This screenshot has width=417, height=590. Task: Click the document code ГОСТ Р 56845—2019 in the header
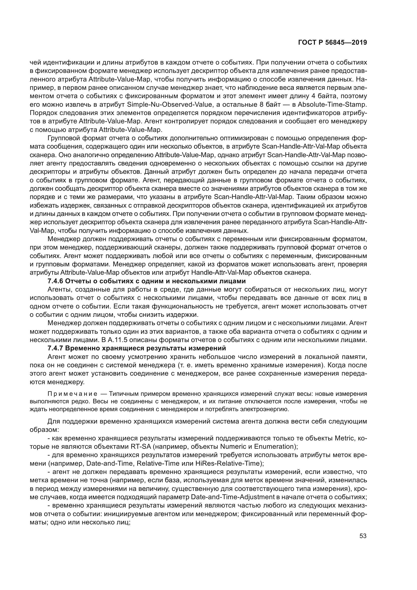pyautogui.click(x=332, y=43)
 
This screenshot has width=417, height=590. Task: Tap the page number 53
pyautogui.click(x=363, y=536)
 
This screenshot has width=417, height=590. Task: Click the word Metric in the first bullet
pyautogui.click(x=344, y=438)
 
